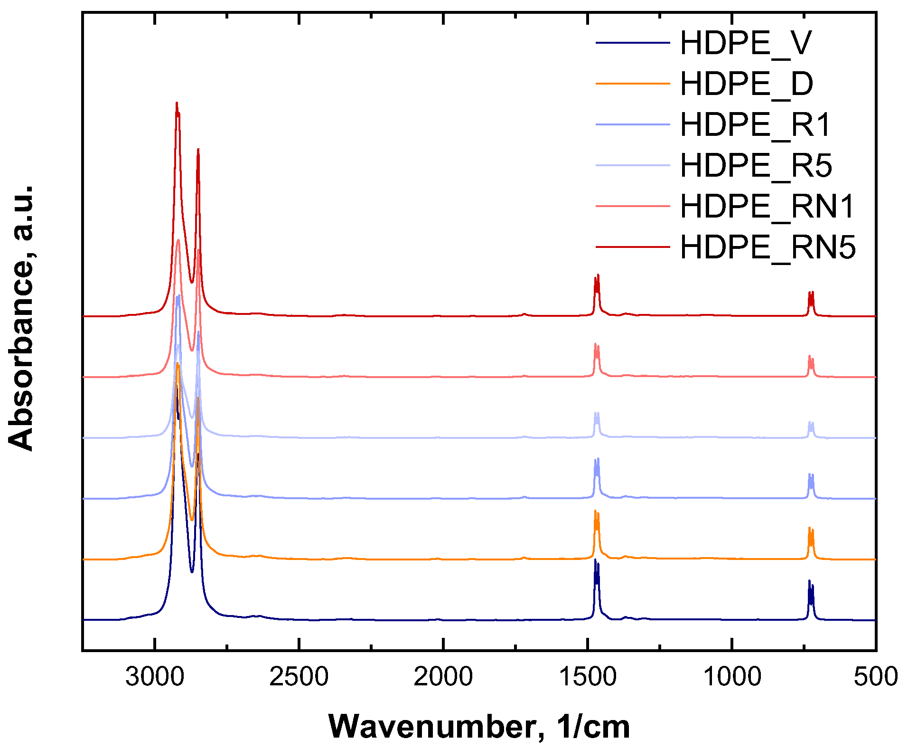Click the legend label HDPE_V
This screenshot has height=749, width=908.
pos(746,43)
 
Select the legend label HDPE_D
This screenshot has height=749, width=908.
pos(747,84)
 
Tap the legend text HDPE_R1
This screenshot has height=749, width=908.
pos(756,125)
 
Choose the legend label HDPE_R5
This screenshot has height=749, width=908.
pos(756,166)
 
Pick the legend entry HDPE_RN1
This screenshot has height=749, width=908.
pos(767,207)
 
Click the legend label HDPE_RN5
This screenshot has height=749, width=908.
pos(768,247)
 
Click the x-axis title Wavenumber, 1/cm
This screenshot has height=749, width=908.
pos(479,727)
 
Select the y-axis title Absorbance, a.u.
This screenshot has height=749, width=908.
pos(21,318)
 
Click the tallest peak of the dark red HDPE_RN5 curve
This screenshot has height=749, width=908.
pos(177,104)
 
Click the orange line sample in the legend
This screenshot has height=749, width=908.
pos(632,84)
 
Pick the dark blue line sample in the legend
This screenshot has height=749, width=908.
pos(632,43)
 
